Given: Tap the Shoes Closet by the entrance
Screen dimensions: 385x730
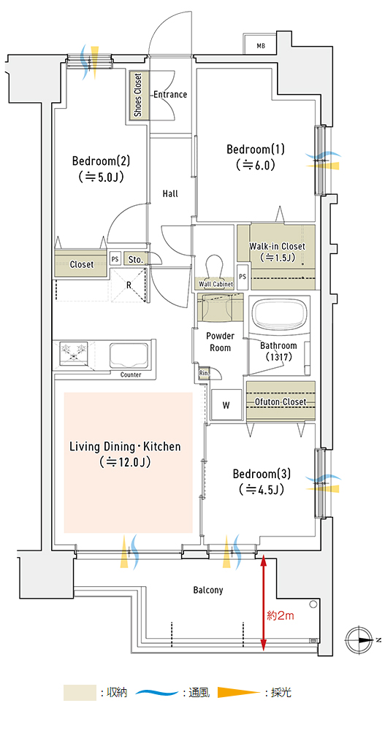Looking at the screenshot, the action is (139, 96).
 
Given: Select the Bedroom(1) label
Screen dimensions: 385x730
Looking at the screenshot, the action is (255, 150).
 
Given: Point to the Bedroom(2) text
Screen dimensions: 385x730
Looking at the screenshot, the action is (101, 161).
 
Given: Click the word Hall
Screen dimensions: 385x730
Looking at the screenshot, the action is (170, 193).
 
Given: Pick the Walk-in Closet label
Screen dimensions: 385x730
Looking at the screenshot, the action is (277, 246).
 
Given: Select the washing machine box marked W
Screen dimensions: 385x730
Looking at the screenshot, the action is (226, 405).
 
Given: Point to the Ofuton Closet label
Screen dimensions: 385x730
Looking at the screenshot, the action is (280, 401).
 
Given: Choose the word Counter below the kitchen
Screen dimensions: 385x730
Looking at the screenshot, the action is (131, 374).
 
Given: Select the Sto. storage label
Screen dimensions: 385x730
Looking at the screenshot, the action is (136, 259).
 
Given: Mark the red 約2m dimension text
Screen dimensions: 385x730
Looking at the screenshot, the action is (280, 616).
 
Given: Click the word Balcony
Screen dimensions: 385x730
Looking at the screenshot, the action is (208, 591).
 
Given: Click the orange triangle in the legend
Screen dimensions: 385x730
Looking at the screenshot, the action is (238, 692).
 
